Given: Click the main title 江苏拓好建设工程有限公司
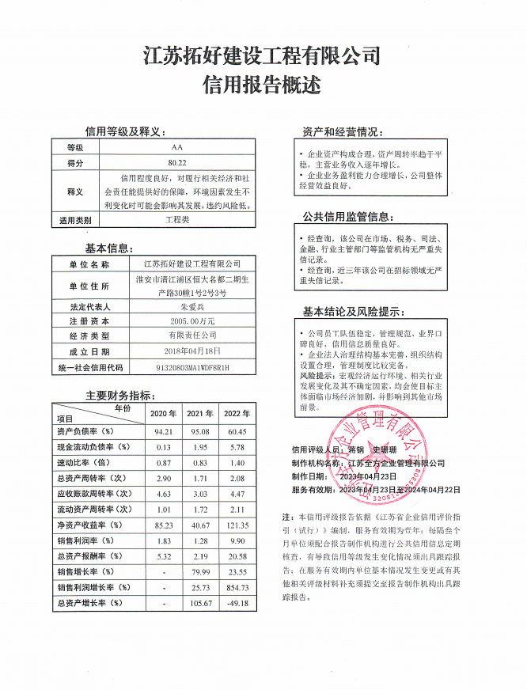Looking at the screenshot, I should point(263,56).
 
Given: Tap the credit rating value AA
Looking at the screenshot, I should point(176,148).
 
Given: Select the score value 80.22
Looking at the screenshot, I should point(176,162).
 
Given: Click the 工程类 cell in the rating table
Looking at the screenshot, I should point(176,220).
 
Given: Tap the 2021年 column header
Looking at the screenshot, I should point(199,414).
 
